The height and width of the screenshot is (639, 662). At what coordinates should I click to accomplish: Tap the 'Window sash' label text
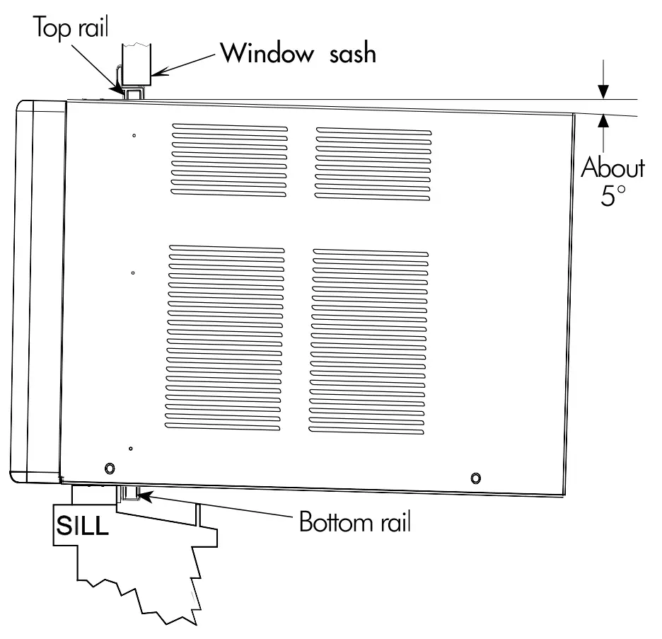tap(296, 53)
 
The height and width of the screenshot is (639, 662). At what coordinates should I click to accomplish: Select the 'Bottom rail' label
tap(354, 523)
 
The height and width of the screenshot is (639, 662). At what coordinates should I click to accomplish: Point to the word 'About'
tap(612, 168)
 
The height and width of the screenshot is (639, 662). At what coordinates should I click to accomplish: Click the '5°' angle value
tap(612, 195)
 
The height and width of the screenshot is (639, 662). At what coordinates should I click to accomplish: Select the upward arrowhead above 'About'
tap(603, 121)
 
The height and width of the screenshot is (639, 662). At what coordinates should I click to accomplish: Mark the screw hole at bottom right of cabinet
tap(475, 478)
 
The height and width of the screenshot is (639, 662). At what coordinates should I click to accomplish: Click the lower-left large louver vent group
tap(227, 339)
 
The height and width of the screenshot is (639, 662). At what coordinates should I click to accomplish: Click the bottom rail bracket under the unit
tap(130, 493)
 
